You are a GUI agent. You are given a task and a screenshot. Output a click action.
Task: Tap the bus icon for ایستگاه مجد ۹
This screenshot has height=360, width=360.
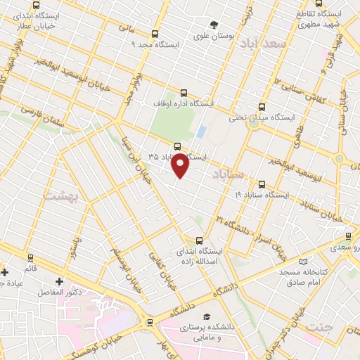pos(155,34)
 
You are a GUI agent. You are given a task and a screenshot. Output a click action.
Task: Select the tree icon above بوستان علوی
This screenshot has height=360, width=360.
pos(214,25)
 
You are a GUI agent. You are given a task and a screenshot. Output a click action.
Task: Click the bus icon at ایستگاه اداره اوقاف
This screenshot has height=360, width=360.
pos(184,93)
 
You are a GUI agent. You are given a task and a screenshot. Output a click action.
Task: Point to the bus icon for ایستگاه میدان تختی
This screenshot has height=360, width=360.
pos(262,107)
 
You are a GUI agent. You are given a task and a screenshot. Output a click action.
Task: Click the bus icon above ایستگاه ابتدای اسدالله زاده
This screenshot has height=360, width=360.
pos(199,240)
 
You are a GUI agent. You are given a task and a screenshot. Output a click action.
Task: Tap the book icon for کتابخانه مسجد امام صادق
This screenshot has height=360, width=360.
pos(303,261)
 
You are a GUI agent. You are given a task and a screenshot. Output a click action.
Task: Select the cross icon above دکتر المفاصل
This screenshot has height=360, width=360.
pos(59,281)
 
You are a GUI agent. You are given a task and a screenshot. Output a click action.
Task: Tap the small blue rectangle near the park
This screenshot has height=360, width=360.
pos(201,131)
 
